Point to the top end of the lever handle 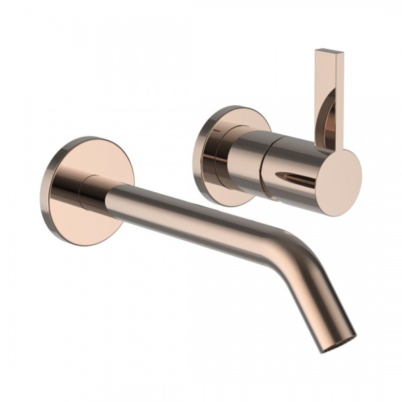330,52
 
